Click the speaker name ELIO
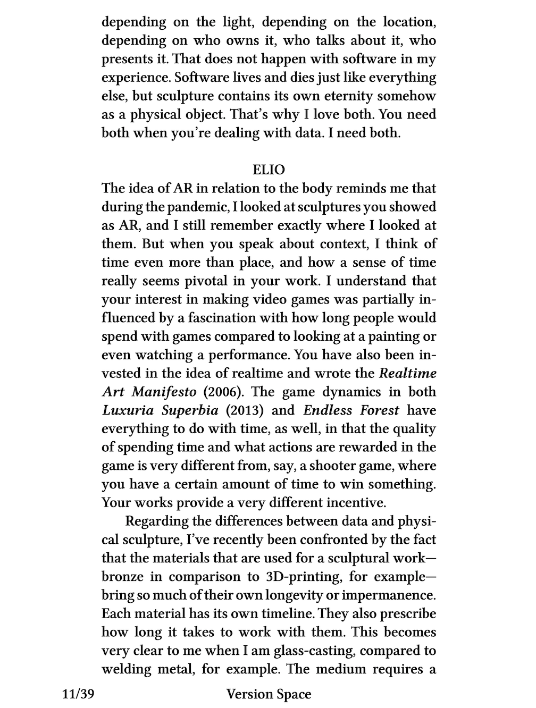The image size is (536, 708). point(269,170)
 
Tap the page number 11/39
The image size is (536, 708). point(78,694)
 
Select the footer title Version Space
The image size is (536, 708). point(269,694)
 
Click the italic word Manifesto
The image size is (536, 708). point(164,392)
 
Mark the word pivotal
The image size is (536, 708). point(206,281)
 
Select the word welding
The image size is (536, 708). point(127,669)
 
